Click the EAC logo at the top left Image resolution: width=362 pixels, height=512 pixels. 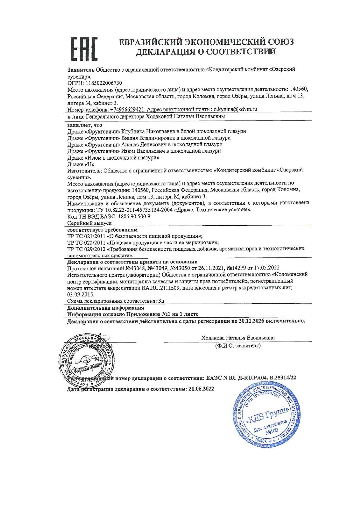pos(84,49)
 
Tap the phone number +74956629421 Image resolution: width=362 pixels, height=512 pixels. pos(128,109)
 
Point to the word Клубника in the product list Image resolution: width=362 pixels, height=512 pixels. pos(133,131)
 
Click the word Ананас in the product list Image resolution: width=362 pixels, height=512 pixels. pos(133,144)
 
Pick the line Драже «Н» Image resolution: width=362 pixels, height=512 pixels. pos(81,164)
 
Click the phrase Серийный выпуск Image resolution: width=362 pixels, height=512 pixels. pos(89,223)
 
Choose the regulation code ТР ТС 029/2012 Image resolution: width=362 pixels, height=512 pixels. pos(86,249)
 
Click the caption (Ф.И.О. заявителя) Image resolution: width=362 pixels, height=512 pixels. pos(238,346)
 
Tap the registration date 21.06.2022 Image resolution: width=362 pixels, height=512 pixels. pos(201,389)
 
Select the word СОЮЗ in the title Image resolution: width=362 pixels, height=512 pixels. pos(281,42)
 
